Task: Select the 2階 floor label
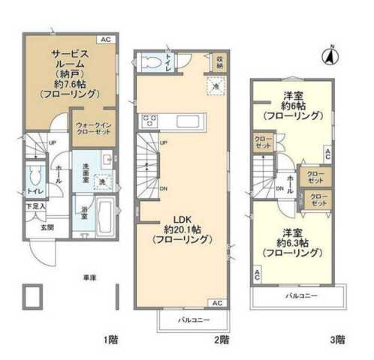[x=222, y=340]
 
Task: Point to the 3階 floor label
[x=336, y=340]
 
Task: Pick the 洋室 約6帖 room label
[x=292, y=105]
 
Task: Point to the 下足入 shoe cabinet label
[x=36, y=206]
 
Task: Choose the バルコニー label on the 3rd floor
[x=300, y=295]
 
